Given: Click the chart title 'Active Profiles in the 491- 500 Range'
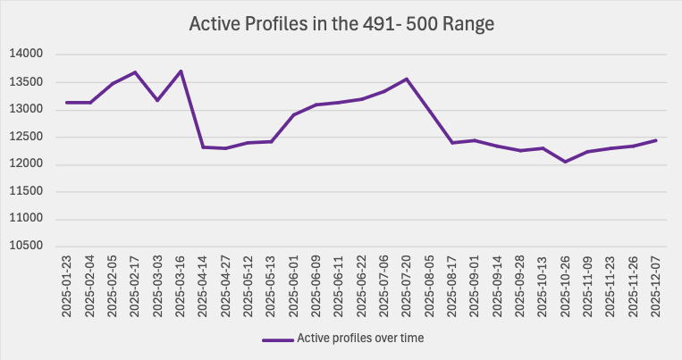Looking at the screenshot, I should pyautogui.click(x=341, y=24).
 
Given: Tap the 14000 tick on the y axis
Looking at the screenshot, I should pyautogui.click(x=27, y=54).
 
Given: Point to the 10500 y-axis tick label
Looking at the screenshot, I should pyautogui.click(x=27, y=247).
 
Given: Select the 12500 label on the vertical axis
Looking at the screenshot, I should pyautogui.click(x=27, y=137).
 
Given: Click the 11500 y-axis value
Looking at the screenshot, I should pyautogui.click(x=27, y=192).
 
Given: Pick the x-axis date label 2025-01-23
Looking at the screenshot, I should pyautogui.click(x=67, y=287).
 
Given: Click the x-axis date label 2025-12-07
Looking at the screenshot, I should pyautogui.click(x=657, y=287).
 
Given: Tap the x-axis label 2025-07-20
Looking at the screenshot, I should pyautogui.click(x=407, y=287).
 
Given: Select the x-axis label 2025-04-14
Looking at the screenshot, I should pyautogui.click(x=203, y=287).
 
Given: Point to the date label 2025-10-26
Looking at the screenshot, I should pyautogui.click(x=566, y=287).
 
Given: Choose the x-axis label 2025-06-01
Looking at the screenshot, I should pyautogui.click(x=293, y=287).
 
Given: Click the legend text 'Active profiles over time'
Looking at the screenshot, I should pyautogui.click(x=359, y=339).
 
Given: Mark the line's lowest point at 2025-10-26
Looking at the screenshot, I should pyautogui.click(x=566, y=162).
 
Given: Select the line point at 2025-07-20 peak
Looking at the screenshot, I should pyautogui.click(x=407, y=79).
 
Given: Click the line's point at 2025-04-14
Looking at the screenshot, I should pyautogui.click(x=203, y=147).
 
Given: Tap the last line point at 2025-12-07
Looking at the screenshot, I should pyautogui.click(x=657, y=140).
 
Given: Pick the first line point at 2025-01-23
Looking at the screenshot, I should pyautogui.click(x=67, y=103).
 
